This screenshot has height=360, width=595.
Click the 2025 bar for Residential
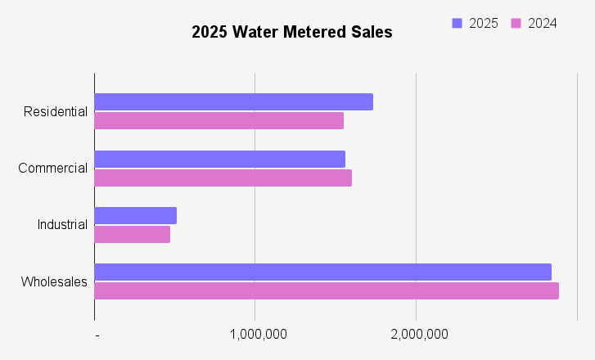(233, 102)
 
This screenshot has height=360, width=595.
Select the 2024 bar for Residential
(219, 121)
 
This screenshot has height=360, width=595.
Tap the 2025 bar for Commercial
(219, 159)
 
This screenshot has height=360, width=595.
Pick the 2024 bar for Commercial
(223, 178)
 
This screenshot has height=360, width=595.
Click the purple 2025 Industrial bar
(135, 216)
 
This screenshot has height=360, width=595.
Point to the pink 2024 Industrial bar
(132, 235)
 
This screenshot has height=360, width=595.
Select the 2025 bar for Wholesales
(322, 272)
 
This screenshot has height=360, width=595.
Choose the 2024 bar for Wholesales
(326, 290)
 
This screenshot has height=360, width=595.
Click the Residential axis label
(56, 111)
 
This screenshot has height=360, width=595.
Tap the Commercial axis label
(52, 169)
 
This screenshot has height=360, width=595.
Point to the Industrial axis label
(62, 225)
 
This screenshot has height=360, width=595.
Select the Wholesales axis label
(54, 281)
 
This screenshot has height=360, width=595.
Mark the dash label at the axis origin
(97, 335)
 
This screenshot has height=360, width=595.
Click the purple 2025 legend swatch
(458, 23)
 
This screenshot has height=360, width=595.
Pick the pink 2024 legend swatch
(516, 23)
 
